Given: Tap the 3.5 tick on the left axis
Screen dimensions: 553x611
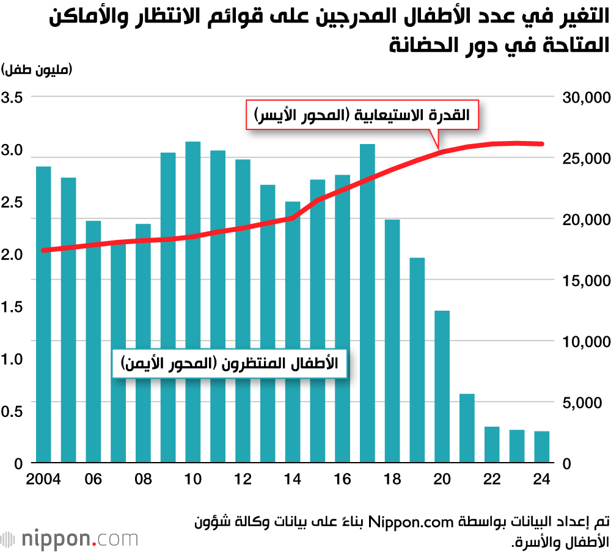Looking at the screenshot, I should pyautogui.click(x=13, y=98).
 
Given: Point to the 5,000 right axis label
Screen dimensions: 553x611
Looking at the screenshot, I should pyautogui.click(x=584, y=403).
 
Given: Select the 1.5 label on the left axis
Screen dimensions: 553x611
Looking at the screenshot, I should pyautogui.click(x=13, y=307).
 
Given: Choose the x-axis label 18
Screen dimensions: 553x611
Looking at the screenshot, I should pyautogui.click(x=393, y=479).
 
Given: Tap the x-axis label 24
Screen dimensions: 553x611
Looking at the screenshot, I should pyautogui.click(x=542, y=479).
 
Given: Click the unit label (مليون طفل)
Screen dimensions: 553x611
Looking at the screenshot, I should pyautogui.click(x=38, y=69).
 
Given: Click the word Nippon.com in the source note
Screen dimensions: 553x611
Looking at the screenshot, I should pyautogui.click(x=422, y=522).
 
